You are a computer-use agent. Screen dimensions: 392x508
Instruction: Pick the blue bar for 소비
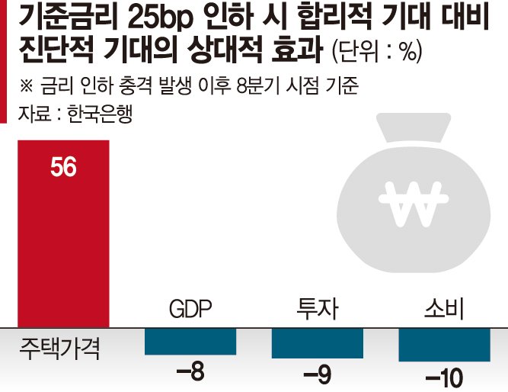[x=444, y=344]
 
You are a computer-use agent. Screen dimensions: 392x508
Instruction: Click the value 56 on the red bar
[x=63, y=167]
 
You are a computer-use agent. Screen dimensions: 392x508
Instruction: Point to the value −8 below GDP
[x=190, y=374]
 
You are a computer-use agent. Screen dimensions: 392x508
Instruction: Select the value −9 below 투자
[x=317, y=375]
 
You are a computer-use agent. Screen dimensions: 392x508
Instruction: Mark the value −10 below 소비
[x=444, y=377]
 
